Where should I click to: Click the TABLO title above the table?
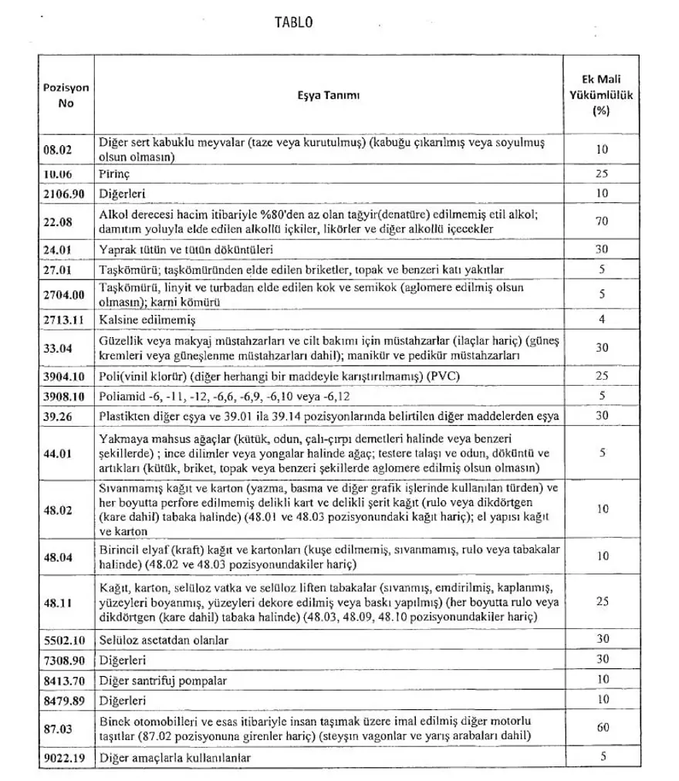tap(293, 22)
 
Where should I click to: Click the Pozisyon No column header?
tap(65, 94)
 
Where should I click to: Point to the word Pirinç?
tap(116, 174)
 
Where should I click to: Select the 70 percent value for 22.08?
tap(602, 221)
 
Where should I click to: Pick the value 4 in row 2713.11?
tap(602, 319)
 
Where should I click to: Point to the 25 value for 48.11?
tap(602, 600)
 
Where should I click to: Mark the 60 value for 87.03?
tap(602, 727)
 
